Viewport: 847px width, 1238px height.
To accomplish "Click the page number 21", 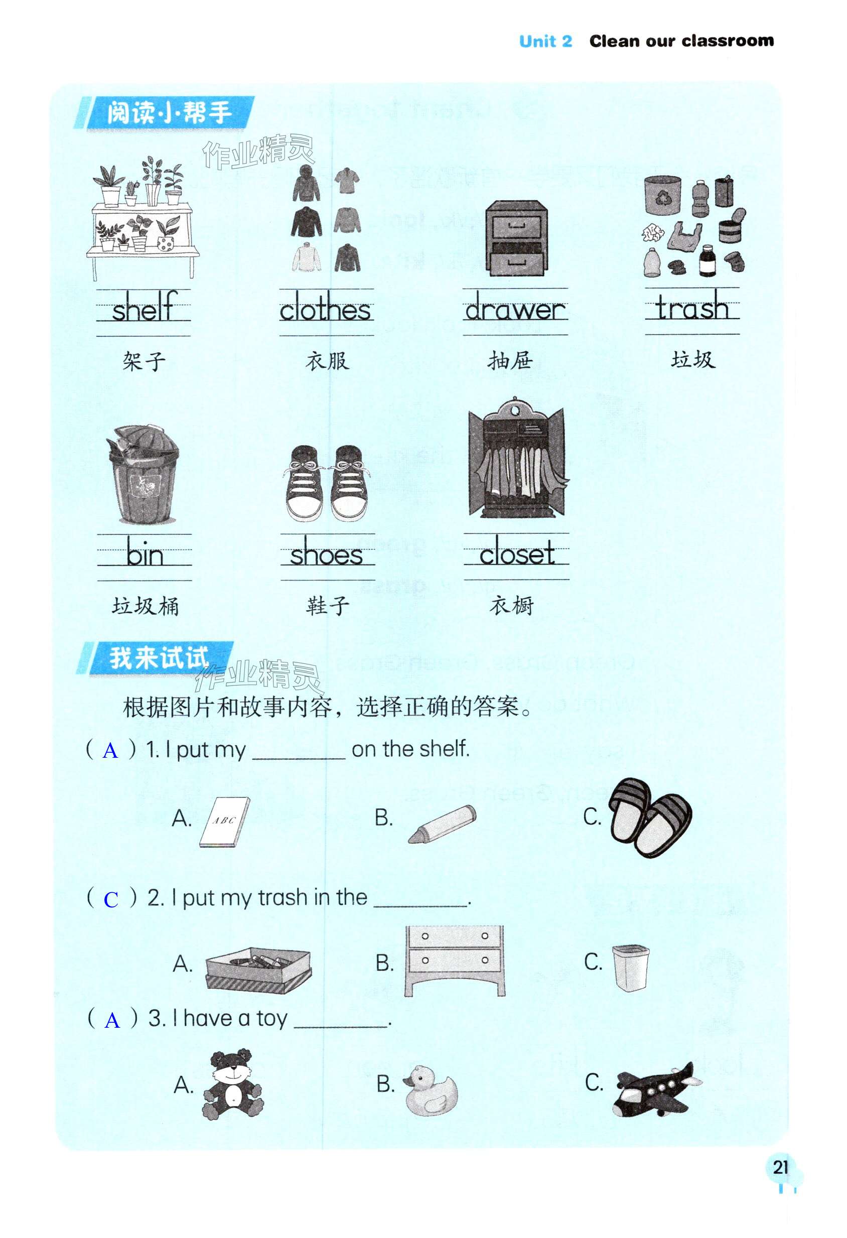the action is tap(780, 1167).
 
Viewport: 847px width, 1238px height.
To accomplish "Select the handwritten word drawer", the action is tap(515, 308).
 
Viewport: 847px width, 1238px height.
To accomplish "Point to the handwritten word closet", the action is tap(517, 552).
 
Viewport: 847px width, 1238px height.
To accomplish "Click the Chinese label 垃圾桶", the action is tap(145, 606).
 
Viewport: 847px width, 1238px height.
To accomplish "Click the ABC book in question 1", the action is tap(224, 821).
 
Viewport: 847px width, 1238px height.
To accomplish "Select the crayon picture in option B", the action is tap(442, 823).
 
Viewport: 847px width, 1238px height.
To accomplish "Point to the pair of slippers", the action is tap(649, 817).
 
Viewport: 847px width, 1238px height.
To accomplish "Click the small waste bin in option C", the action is tap(630, 968).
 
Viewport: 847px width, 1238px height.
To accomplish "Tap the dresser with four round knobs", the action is tap(455, 960).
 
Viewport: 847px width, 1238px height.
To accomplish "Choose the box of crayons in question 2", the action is tap(258, 970).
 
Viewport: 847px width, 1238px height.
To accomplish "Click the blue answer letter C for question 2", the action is tap(111, 900).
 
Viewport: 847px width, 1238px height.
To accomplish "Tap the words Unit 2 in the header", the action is tap(545, 41).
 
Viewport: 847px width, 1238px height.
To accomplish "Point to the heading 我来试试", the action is tap(159, 657).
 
